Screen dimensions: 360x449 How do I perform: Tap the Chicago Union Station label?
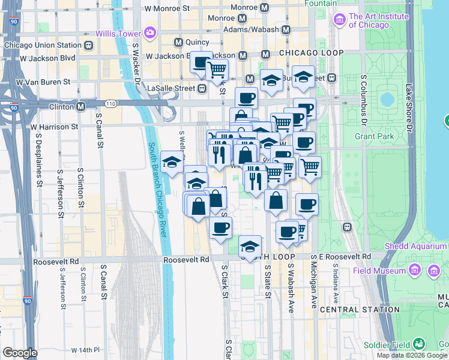42,45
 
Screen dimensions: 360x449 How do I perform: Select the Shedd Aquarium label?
415,246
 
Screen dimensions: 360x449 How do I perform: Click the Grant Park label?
374,137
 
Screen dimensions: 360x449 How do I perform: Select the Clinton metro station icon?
80,107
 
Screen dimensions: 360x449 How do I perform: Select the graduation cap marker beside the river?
172,163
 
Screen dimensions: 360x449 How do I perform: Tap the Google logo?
19,353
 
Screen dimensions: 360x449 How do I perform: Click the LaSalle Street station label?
172,88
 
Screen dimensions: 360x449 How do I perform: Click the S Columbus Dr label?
364,100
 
